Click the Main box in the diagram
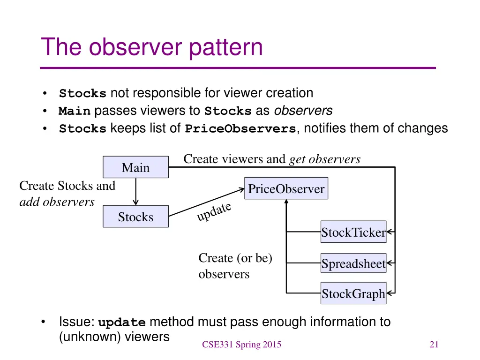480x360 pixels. [135, 167]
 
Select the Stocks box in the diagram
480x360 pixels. [135, 217]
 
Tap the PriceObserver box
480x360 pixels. [286, 188]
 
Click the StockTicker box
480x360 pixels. [353, 232]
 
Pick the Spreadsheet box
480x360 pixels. [353, 264]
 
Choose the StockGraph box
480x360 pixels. [353, 294]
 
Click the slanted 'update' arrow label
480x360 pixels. [214, 211]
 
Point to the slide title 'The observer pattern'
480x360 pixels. [152, 47]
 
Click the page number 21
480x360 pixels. [434, 345]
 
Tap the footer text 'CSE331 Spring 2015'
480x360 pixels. [241, 345]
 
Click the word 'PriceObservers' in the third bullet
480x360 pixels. [240, 129]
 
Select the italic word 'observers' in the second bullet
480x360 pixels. [303, 111]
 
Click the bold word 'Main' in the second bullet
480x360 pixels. [75, 112]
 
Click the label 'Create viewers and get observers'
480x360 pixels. [272, 159]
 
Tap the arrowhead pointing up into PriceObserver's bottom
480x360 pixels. [286, 202]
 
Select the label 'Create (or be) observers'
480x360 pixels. [235, 266]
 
